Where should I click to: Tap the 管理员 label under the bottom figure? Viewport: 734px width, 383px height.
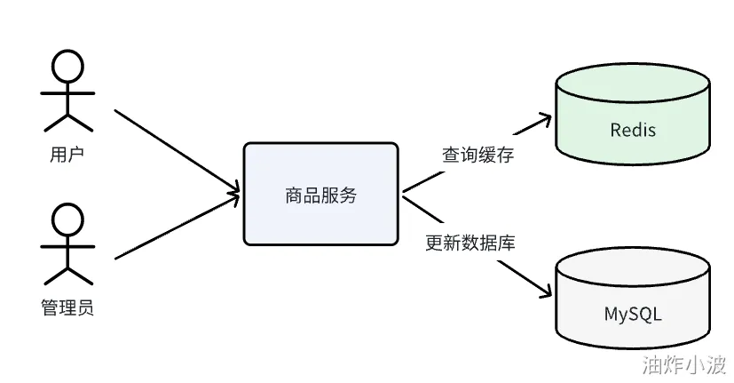click(x=67, y=308)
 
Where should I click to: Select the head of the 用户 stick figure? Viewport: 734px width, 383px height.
click(x=68, y=65)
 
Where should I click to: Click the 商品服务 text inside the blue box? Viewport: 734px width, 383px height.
click(x=320, y=195)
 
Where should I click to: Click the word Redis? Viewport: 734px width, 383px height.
click(x=633, y=130)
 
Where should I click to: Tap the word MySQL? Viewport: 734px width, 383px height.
click(x=633, y=314)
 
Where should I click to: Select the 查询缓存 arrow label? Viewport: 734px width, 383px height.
click(x=478, y=155)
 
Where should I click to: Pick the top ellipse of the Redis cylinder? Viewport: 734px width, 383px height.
click(x=632, y=84)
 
